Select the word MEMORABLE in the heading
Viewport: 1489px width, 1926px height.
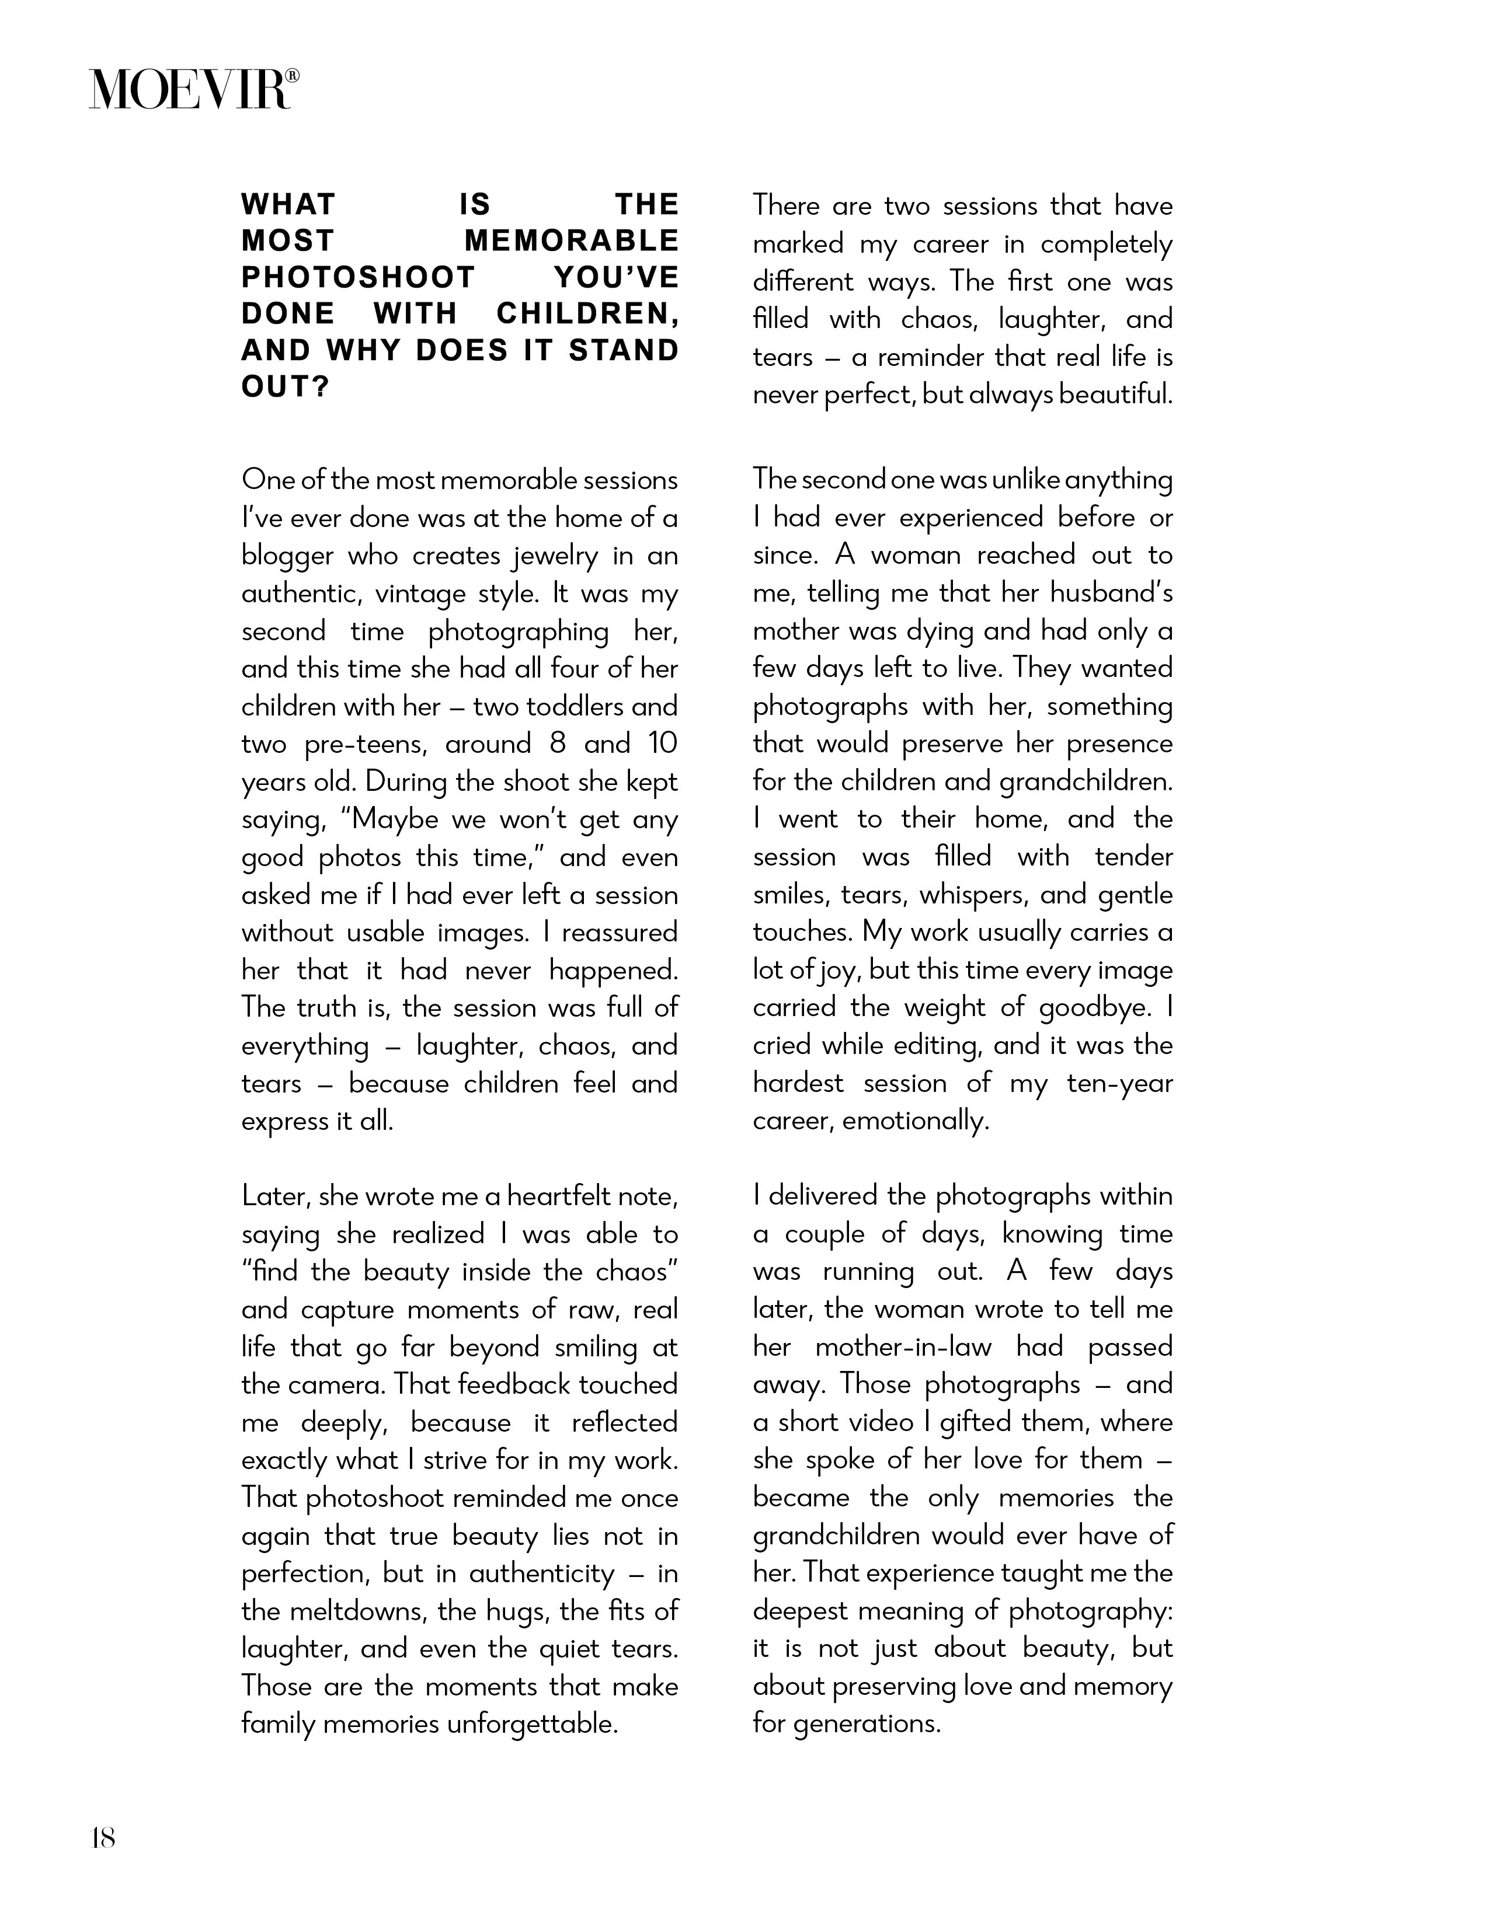click(572, 240)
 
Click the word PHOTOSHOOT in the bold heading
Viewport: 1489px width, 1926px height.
click(358, 278)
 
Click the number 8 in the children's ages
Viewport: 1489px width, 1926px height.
click(556, 744)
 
